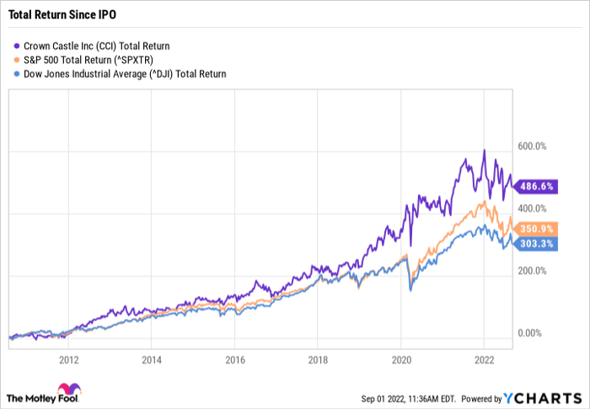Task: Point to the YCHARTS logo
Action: pos(539,397)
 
